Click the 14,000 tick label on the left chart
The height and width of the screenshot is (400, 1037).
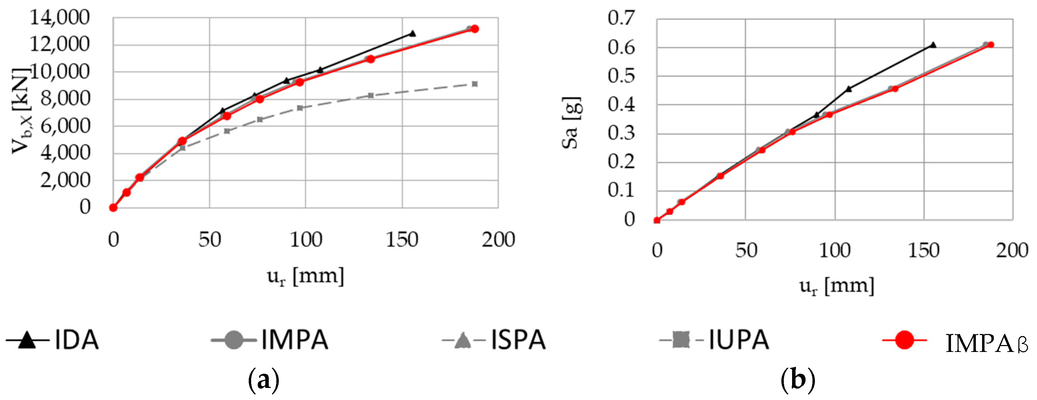click(59, 18)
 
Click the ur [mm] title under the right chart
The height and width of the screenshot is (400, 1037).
click(837, 286)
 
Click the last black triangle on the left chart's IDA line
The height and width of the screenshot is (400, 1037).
click(412, 34)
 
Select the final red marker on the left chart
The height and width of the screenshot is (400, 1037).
click(475, 29)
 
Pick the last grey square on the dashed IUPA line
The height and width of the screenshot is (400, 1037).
click(475, 84)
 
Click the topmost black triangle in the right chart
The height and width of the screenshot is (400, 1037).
click(933, 45)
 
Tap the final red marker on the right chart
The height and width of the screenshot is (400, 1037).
click(991, 45)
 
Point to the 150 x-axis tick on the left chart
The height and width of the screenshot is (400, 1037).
click(402, 240)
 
